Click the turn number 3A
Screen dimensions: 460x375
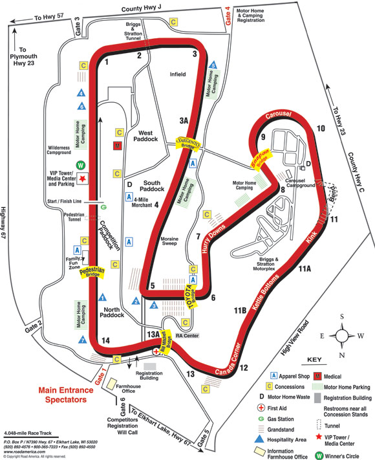pyautogui.click(x=184, y=120)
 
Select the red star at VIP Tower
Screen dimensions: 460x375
pyautogui.click(x=82, y=179)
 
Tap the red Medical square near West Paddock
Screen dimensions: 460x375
pyautogui.click(x=118, y=146)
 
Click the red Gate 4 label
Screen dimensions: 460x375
pyautogui.click(x=227, y=16)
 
